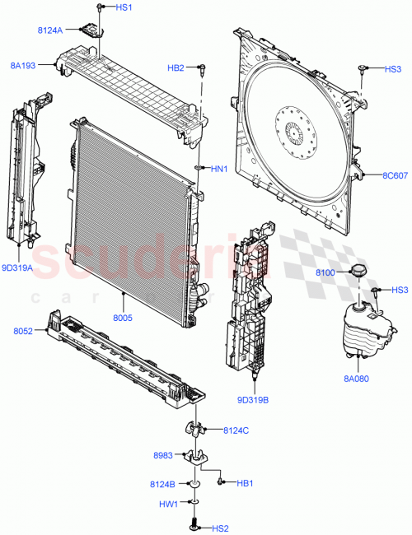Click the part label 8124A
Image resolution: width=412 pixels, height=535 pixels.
point(50,30)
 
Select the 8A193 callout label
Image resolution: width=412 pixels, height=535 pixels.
point(23,64)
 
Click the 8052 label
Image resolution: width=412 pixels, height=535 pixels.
point(22,331)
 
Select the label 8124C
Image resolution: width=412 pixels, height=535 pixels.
point(236,430)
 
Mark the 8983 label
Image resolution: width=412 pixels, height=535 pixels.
point(163,455)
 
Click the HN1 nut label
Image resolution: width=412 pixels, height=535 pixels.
point(218,170)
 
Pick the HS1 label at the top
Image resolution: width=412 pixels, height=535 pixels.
point(123,7)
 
